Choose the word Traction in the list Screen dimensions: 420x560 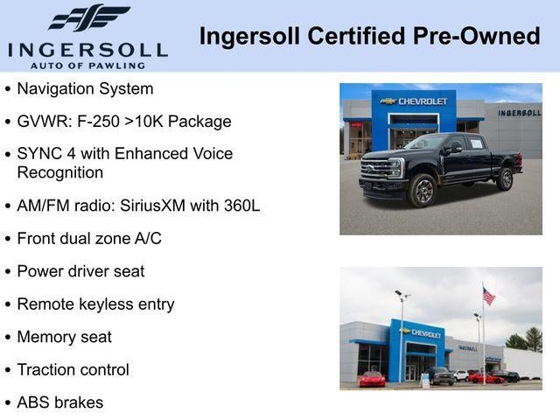point(47,370)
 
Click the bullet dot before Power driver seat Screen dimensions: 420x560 point(9,272)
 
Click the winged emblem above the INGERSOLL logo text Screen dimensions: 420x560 point(87,17)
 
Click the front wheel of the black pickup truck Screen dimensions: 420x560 point(423,190)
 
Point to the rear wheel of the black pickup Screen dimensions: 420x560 point(505,178)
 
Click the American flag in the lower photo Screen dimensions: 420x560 point(488,297)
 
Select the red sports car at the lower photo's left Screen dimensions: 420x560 point(372,379)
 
